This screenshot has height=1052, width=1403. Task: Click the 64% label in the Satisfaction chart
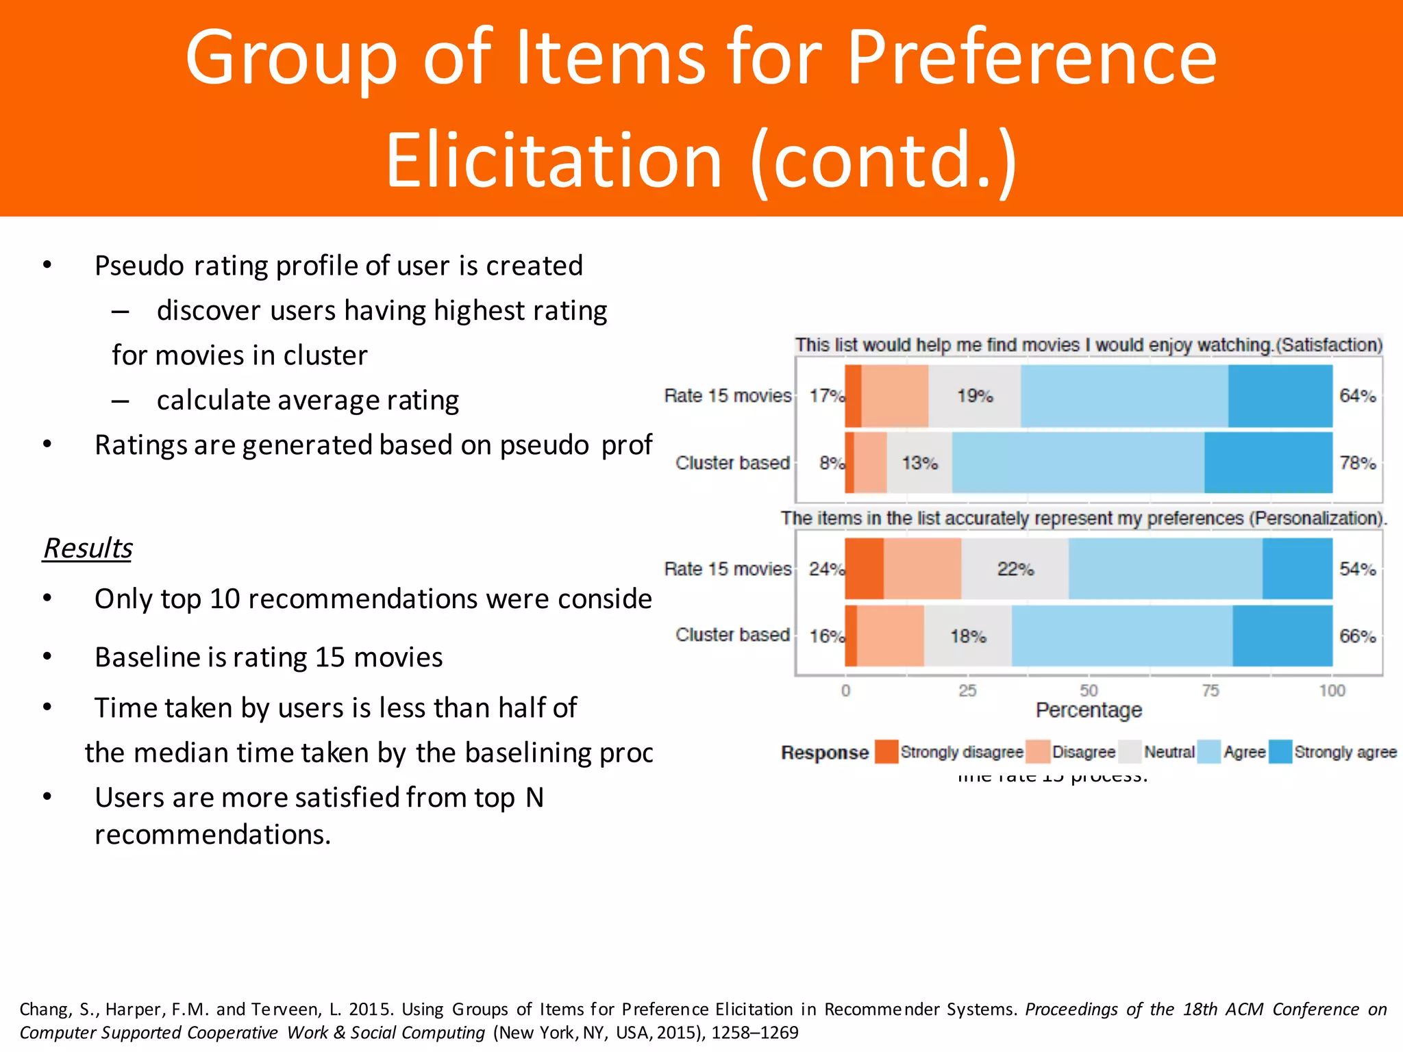tap(1357, 396)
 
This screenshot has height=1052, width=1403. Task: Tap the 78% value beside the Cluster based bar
tap(1357, 463)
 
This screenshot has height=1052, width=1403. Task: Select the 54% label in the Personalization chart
tap(1357, 569)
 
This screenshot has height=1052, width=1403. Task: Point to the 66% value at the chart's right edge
tap(1357, 636)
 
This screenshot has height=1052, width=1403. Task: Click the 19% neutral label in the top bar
tap(975, 396)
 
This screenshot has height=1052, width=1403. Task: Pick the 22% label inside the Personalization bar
tap(1015, 569)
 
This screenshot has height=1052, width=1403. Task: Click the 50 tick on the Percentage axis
tap(1089, 690)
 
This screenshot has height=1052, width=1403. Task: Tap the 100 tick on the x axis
tap(1332, 690)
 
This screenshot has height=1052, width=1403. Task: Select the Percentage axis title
tap(1089, 710)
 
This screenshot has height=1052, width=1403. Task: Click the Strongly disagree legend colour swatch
tap(886, 751)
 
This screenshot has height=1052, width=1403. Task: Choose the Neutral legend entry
tap(1169, 752)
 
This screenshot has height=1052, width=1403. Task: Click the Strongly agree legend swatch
tap(1280, 751)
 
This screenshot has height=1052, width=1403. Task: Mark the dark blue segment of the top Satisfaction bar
tap(1280, 396)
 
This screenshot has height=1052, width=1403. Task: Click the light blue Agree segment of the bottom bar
tap(1121, 636)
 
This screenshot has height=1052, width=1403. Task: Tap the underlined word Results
tap(88, 548)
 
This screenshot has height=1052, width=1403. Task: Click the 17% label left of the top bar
tap(826, 396)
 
